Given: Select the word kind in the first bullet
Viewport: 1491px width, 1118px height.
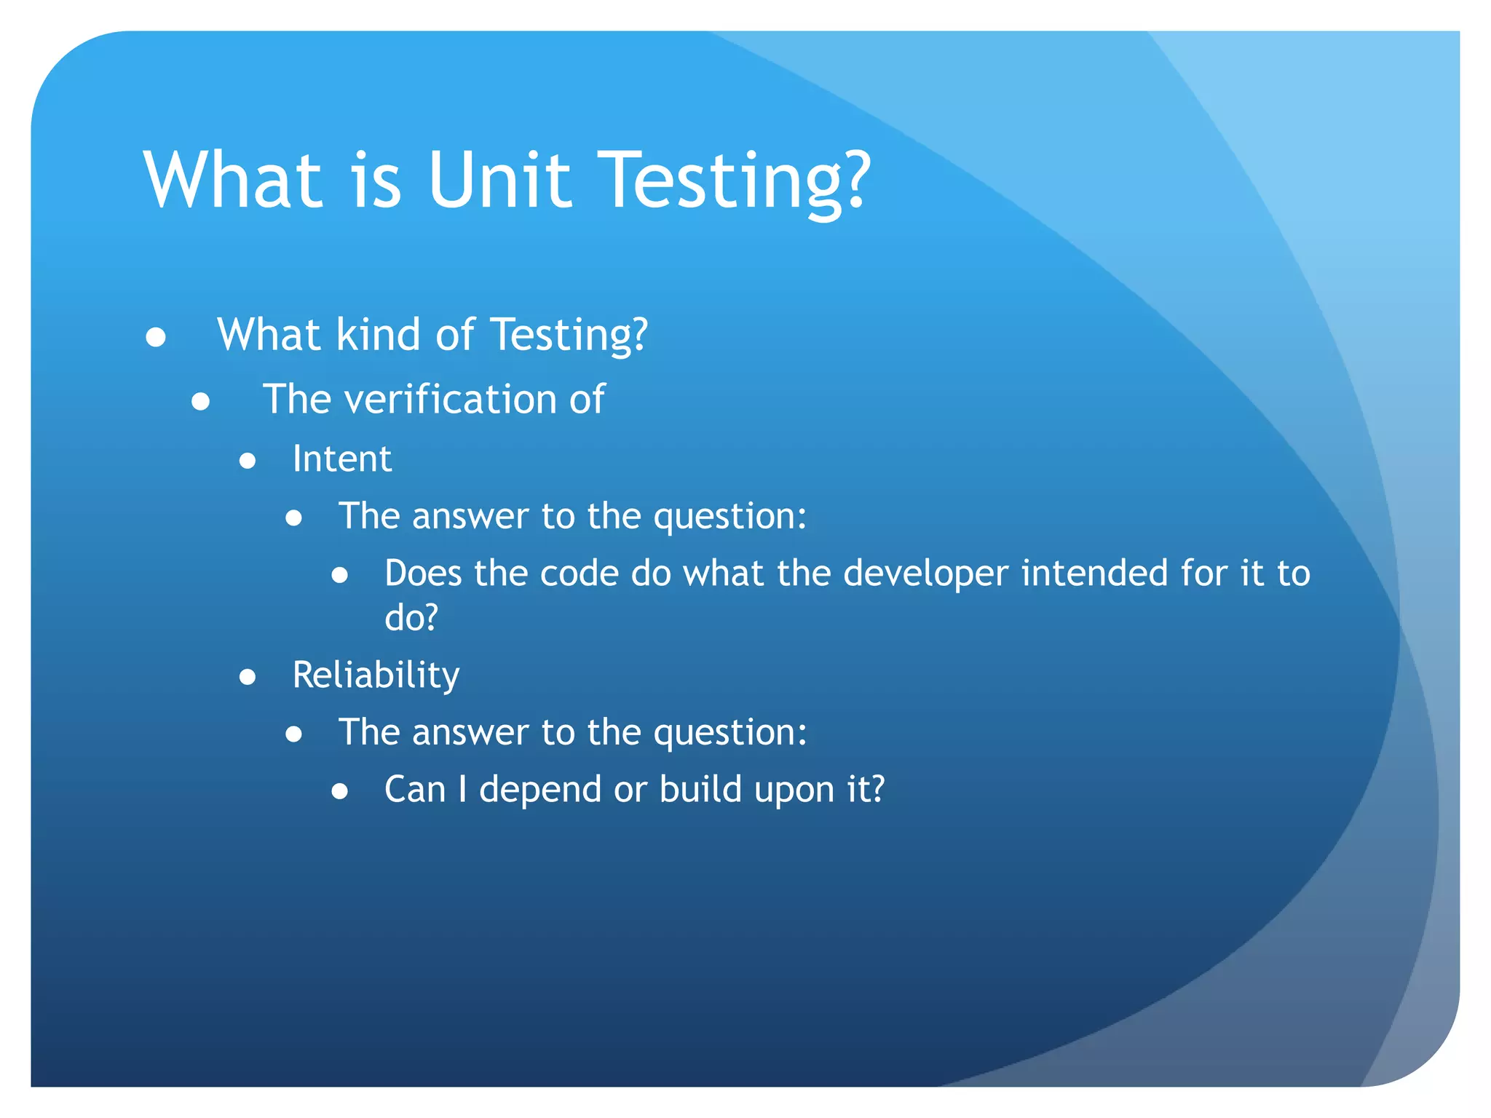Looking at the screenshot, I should tap(378, 335).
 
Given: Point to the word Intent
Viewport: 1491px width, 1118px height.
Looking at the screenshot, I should tap(341, 459).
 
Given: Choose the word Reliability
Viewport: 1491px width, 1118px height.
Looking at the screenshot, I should tap(376, 675).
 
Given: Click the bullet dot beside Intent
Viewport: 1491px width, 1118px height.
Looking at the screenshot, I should tap(248, 461).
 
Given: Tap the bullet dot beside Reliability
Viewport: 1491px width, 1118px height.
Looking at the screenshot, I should tap(248, 678).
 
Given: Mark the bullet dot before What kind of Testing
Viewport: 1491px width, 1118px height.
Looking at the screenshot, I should tap(156, 337).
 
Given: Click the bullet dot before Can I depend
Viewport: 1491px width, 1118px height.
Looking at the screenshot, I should tap(339, 792).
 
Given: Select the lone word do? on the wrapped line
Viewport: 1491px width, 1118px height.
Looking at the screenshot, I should tap(411, 617).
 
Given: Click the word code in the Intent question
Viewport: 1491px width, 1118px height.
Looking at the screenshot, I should tap(579, 573).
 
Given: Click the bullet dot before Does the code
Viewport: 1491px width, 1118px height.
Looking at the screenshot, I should tap(339, 576).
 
